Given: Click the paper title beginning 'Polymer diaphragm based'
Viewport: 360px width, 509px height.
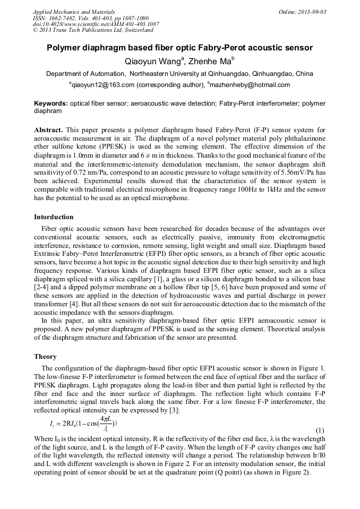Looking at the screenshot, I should pos(179,48).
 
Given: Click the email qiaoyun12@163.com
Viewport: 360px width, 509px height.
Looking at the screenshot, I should pos(102,85).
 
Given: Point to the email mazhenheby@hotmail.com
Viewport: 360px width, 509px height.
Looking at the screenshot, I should pos(250,85).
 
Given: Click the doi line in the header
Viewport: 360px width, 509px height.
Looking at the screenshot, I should pos(96,24).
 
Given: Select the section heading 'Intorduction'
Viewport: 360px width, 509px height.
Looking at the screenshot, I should pos(54,217).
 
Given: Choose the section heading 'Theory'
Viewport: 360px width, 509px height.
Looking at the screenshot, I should pos(45,357).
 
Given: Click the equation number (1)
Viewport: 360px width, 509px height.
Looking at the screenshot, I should pos(320,429).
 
